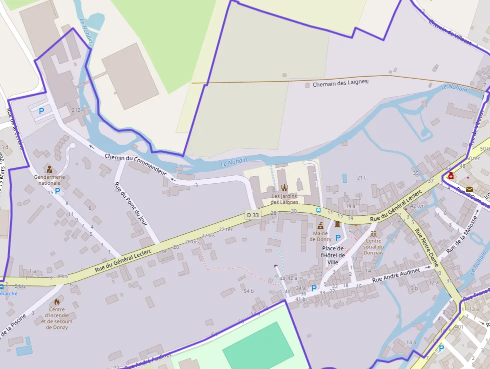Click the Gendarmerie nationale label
click(x=49, y=180)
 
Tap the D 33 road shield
click(x=252, y=215)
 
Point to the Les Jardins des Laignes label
click(x=284, y=199)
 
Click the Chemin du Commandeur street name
click(x=135, y=164)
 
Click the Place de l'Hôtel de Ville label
click(x=333, y=255)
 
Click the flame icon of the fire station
click(x=56, y=302)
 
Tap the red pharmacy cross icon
click(x=451, y=176)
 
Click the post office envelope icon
click(x=469, y=189)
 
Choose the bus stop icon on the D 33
click(x=318, y=210)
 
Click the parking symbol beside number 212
click(x=41, y=111)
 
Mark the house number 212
click(x=76, y=110)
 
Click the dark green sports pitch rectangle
click(x=258, y=346)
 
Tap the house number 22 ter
click(x=225, y=229)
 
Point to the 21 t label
click(x=361, y=178)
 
